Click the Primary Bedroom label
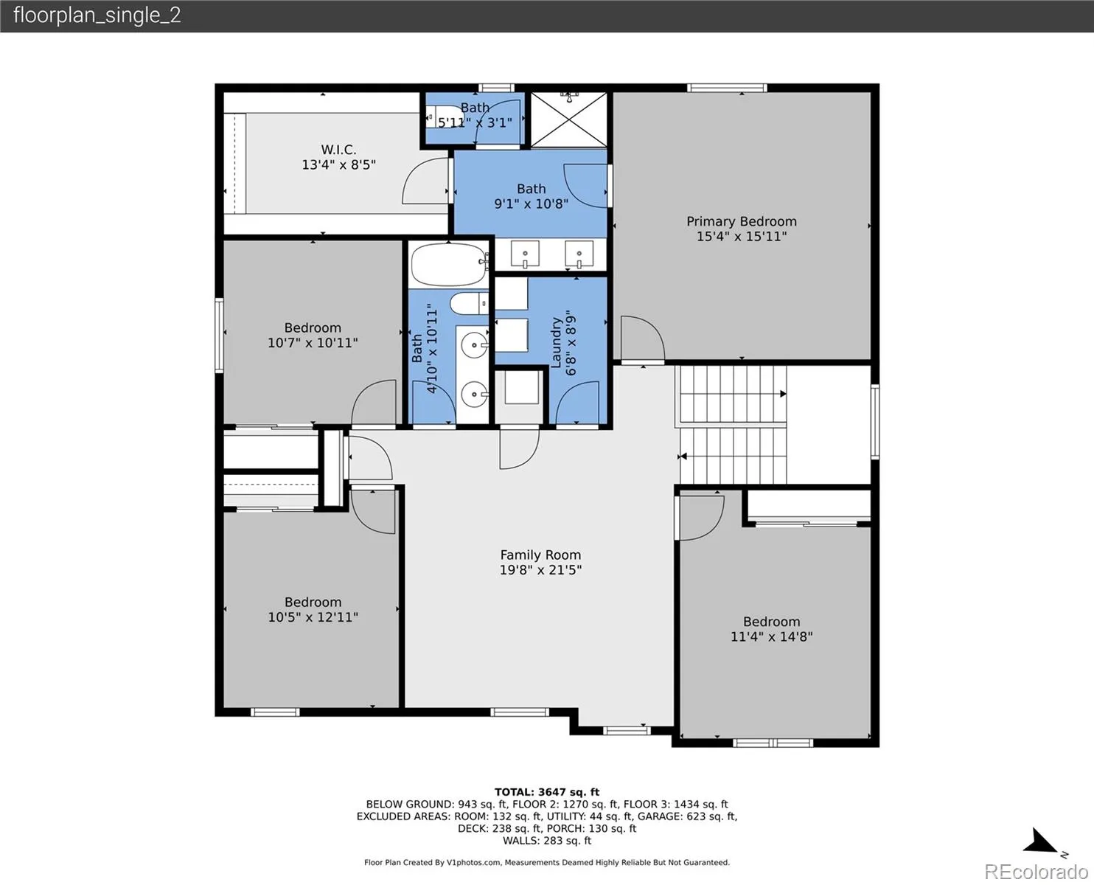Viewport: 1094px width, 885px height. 741,221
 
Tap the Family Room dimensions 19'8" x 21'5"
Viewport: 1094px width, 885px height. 540,569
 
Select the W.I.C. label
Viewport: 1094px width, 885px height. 338,150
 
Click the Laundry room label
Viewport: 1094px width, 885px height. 556,342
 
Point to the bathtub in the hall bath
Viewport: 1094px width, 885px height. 449,265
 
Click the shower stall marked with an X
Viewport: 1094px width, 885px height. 568,119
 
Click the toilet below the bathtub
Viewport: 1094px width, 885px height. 469,304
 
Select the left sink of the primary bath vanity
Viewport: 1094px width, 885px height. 525,254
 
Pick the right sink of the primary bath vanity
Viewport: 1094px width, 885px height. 579,254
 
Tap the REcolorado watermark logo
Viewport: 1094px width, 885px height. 1036,872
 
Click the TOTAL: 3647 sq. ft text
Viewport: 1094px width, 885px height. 547,792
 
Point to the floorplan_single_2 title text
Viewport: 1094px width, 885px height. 97,15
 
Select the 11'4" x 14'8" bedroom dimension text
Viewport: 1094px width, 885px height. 771,636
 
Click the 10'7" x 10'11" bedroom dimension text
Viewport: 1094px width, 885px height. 313,343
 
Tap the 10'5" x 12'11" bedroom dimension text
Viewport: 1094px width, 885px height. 313,617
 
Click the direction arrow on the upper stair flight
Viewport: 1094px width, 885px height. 783,394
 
